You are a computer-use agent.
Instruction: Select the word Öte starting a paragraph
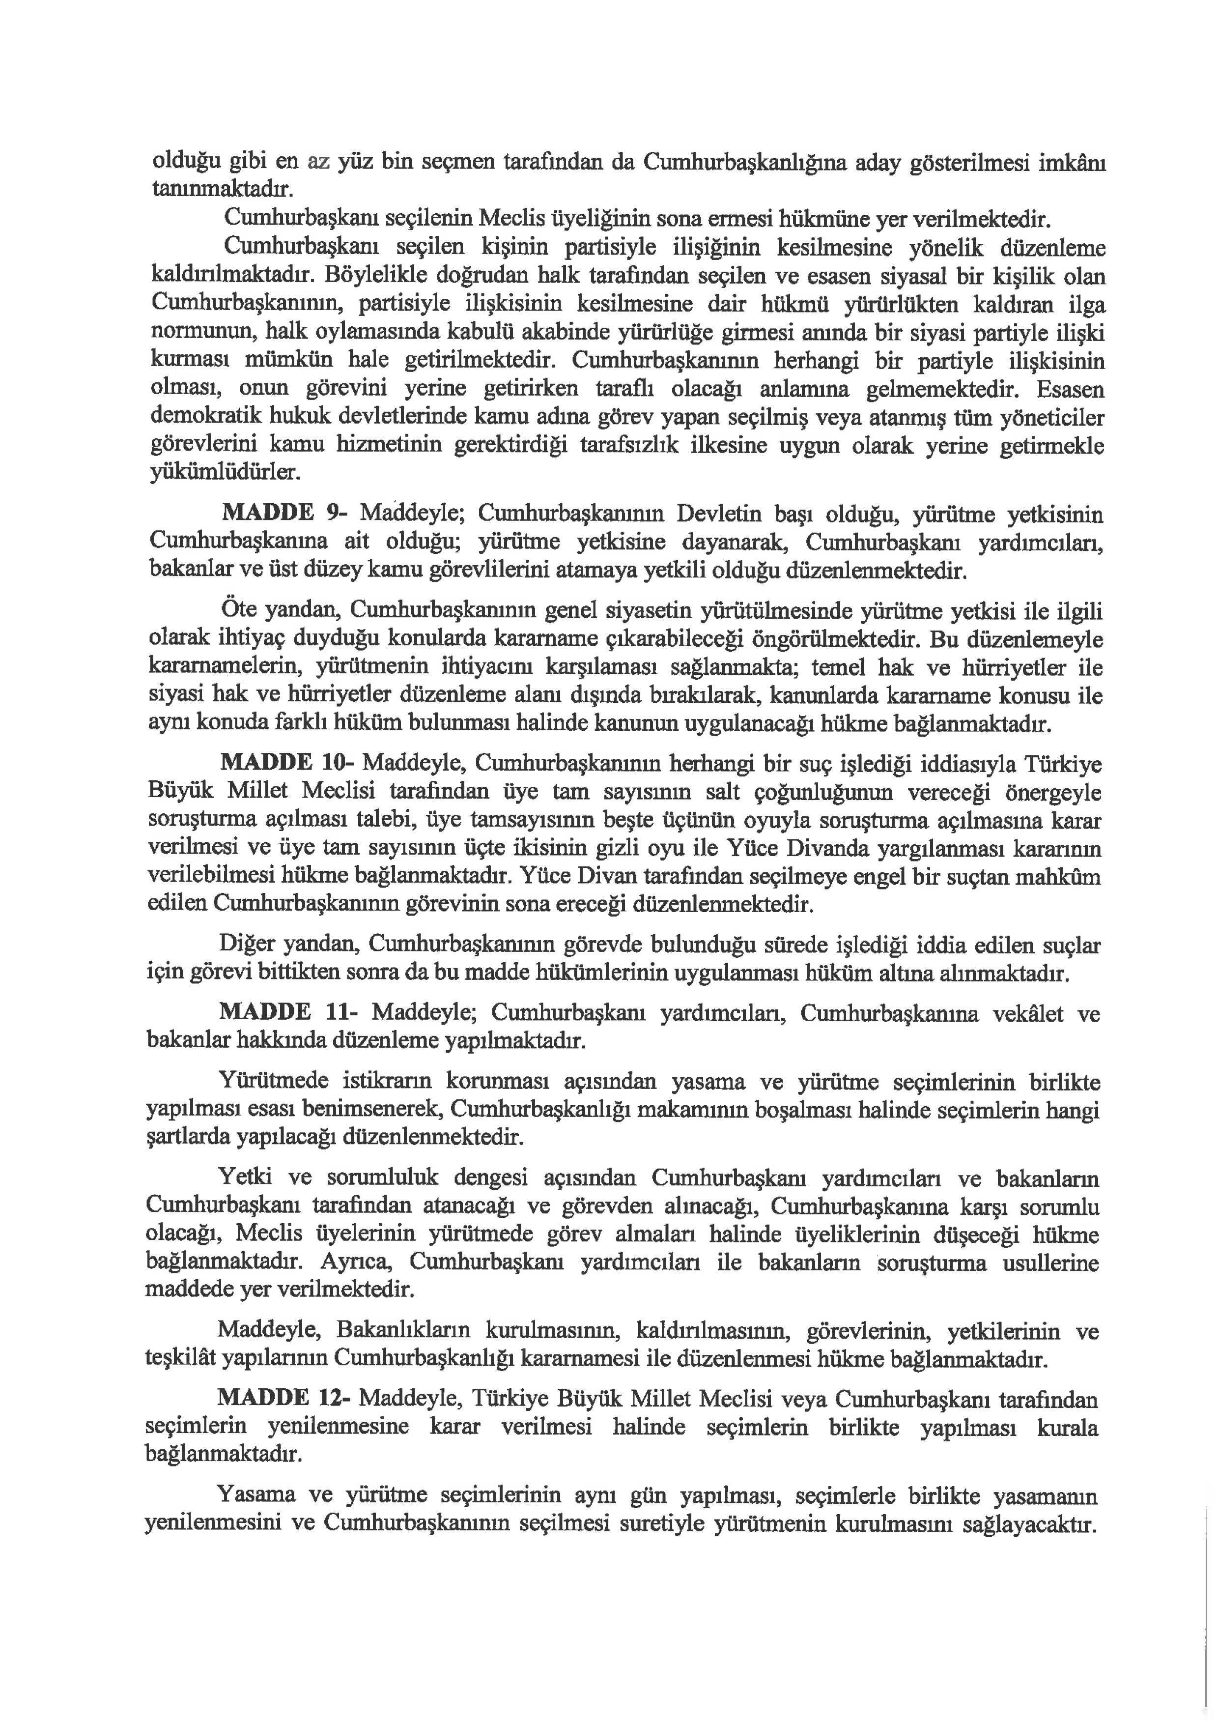coord(238,610)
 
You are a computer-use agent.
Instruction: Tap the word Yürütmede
coord(273,1082)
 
